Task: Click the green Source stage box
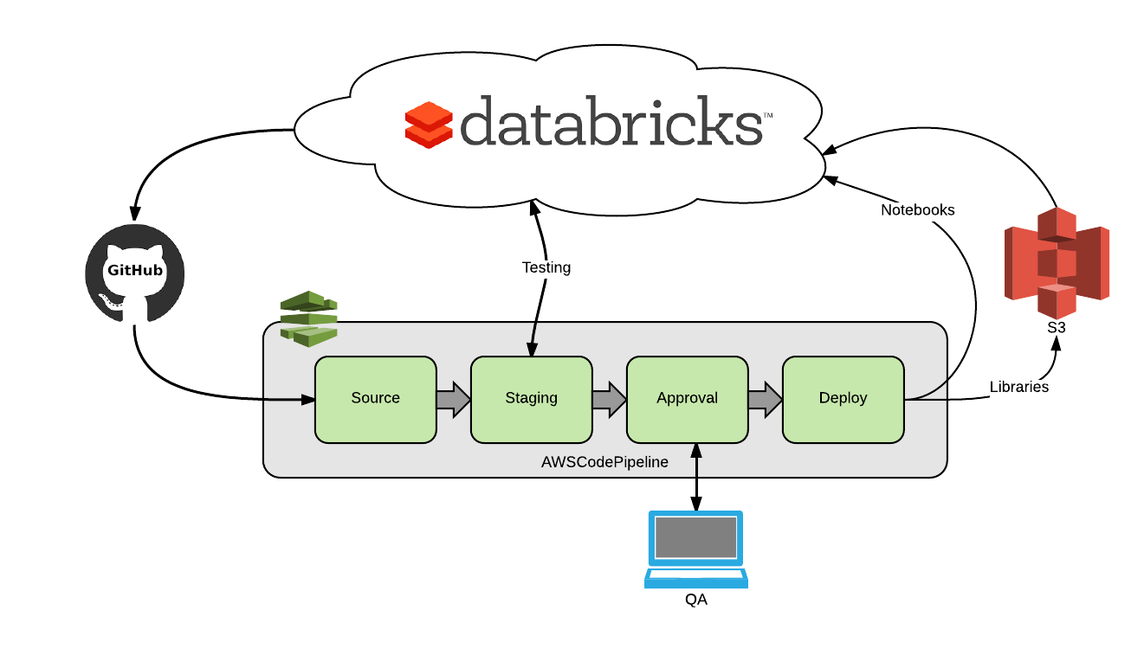pos(375,399)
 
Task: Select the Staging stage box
pos(531,399)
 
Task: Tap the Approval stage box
pos(687,399)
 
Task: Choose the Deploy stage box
pos(843,399)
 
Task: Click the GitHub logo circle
pos(135,273)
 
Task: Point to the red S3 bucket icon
pos(1057,262)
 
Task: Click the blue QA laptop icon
pos(696,549)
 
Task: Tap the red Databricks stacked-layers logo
pos(429,125)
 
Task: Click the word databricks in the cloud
pos(611,120)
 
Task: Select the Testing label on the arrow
pos(546,267)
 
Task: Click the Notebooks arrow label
pos(918,210)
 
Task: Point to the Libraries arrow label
pos(1019,387)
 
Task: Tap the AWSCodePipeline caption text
pos(604,462)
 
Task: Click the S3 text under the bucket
pos(1056,328)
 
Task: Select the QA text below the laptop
pos(696,599)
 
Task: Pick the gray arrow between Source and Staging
pos(453,400)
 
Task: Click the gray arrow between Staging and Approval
pos(609,400)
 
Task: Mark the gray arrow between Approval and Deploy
pos(765,400)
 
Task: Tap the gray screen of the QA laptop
pos(696,537)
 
